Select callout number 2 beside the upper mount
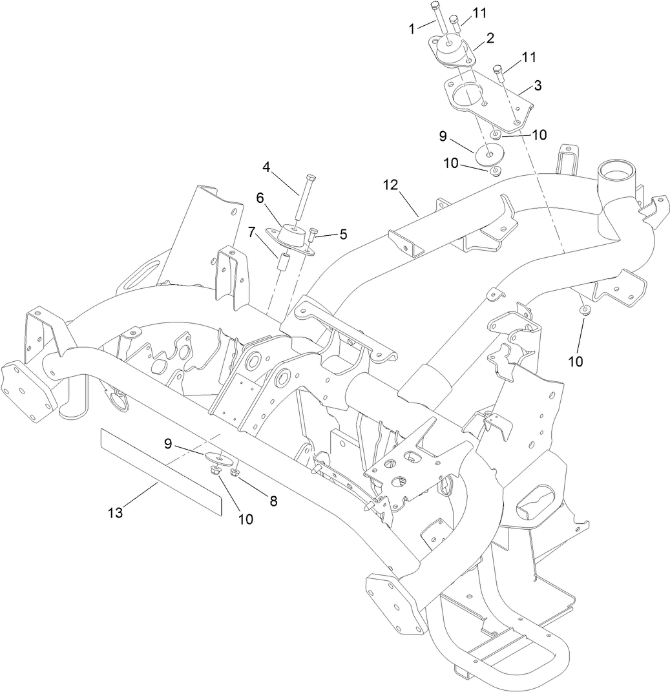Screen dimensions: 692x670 tap(490, 38)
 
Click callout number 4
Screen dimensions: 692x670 tap(266, 167)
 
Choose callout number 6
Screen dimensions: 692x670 tap(260, 198)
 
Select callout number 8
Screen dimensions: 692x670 tap(273, 501)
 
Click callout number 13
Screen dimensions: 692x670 tap(115, 514)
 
